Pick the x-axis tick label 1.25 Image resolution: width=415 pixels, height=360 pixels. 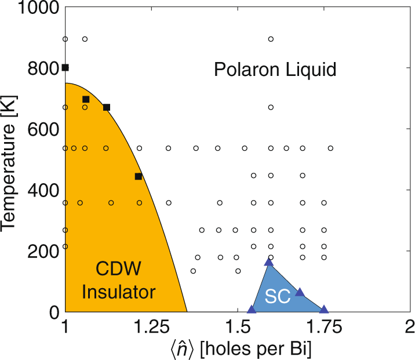(151, 329)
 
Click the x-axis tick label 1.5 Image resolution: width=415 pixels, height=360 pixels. (237, 329)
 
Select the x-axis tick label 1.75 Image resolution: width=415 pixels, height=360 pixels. (323, 329)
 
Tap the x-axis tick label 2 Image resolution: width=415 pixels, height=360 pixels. (410, 329)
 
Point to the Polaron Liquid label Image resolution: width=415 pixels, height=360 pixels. (275, 70)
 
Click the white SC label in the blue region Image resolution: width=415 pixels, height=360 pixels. (278, 296)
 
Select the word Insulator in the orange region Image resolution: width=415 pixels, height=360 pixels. (118, 292)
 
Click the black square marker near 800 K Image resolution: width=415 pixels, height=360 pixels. (65, 68)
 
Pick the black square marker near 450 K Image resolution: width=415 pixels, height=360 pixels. (138, 176)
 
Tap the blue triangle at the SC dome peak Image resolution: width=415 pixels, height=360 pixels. (268, 262)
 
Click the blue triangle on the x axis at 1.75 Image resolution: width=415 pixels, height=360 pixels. (323, 310)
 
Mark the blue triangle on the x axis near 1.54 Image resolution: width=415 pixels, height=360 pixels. (251, 310)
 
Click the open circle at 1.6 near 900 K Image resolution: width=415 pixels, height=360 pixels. (271, 39)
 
